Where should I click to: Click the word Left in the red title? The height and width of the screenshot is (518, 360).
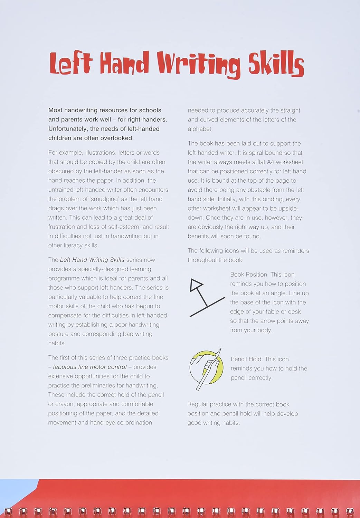(70, 64)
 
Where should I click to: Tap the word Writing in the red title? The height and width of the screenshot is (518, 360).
(199, 65)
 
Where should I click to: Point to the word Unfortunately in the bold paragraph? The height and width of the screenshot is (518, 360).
(68, 129)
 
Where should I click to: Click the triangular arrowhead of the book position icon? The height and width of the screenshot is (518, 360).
(196, 285)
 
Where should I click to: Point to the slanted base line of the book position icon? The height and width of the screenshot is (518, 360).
(207, 307)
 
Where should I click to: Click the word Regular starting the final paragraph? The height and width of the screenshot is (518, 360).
(199, 404)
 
